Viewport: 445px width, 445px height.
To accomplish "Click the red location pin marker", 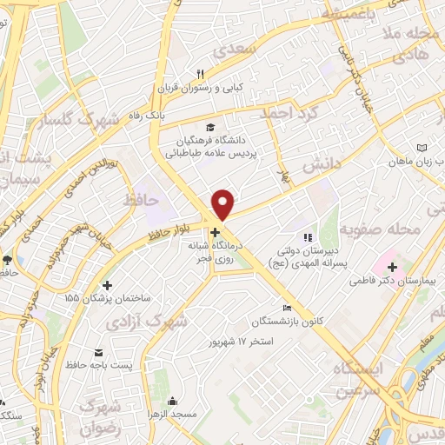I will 223,204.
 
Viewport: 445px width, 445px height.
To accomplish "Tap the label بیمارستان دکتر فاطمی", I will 390,281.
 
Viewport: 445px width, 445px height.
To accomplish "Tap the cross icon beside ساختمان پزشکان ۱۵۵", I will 107,285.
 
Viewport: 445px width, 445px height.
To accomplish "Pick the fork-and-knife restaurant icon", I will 199,73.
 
